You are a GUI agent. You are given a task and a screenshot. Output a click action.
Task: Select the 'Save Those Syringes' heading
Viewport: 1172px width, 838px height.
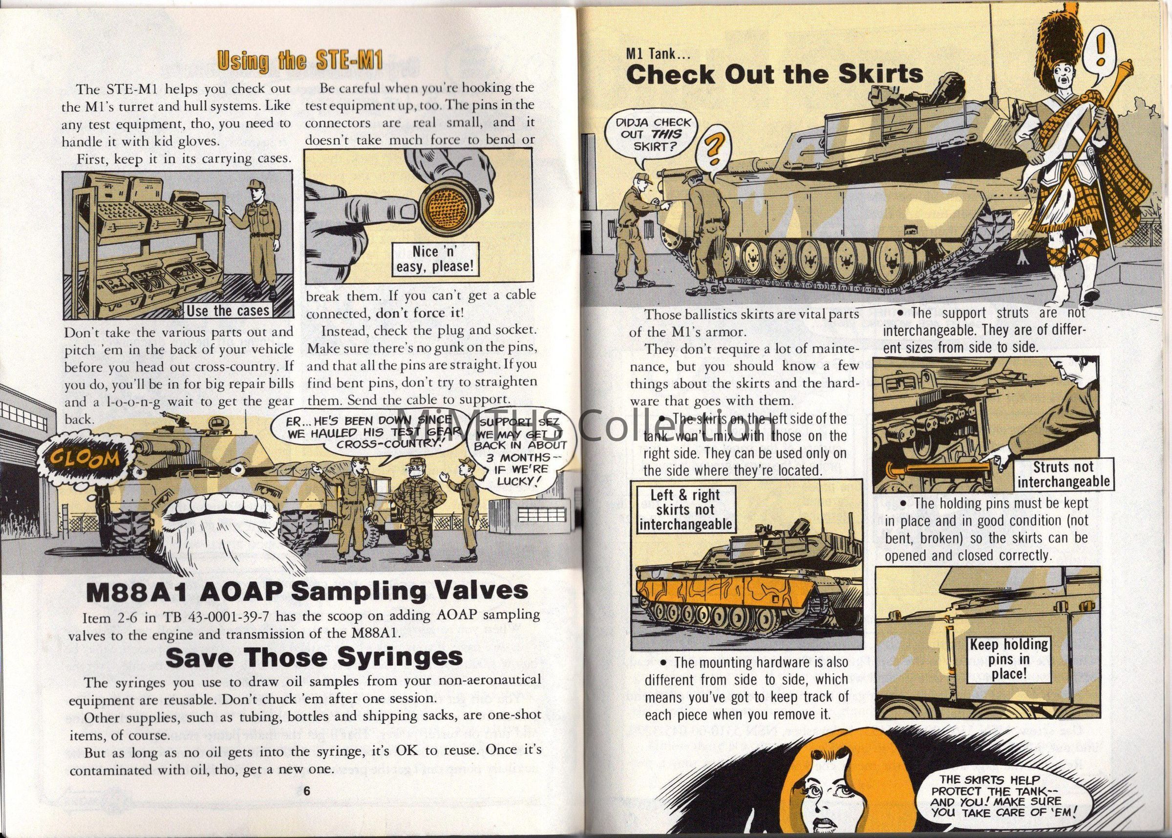314,657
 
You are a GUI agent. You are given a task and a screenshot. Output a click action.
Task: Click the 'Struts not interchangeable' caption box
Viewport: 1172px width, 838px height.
1063,475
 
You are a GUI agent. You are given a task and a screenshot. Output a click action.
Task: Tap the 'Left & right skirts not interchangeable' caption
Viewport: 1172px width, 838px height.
685,509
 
